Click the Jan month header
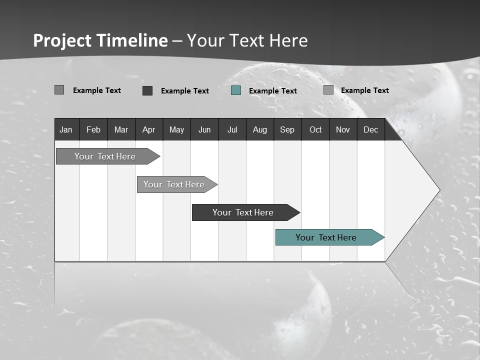point(66,129)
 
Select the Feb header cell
point(93,129)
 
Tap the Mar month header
point(121,129)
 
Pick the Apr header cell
point(149,129)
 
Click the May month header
point(176,129)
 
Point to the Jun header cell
point(204,129)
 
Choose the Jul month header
point(232,129)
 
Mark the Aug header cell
point(260,129)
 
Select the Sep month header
point(287,129)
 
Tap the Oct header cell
point(315,129)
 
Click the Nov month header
point(343,129)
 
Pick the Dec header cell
point(371,129)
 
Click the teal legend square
point(236,90)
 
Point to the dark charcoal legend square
point(147,90)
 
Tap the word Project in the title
point(62,40)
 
